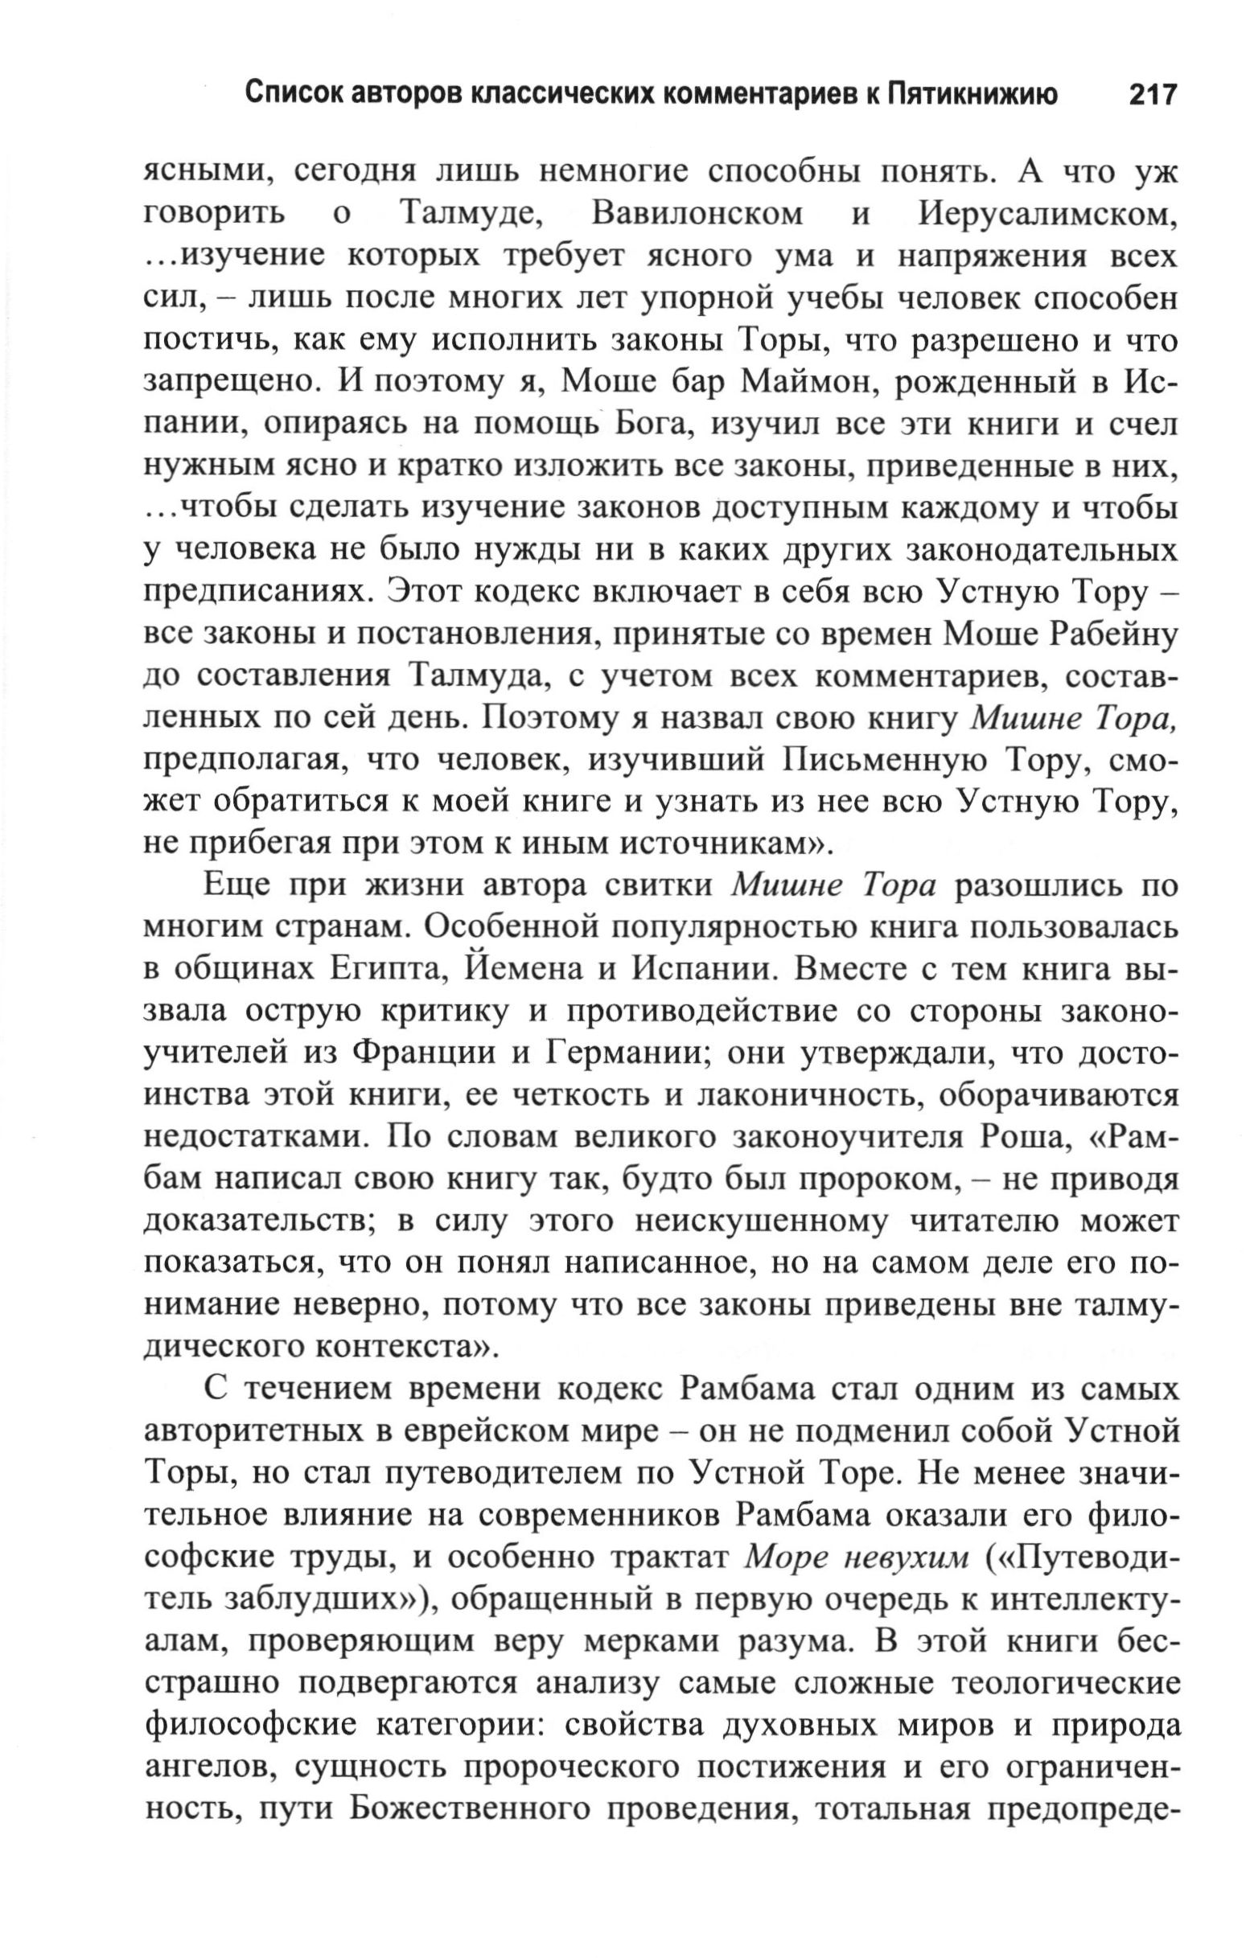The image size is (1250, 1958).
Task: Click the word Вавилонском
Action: click(x=697, y=214)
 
